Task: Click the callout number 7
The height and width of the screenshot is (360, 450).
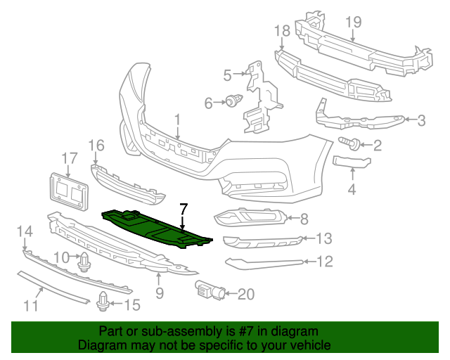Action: point(184,209)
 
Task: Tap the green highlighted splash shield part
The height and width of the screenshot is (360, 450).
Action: point(155,226)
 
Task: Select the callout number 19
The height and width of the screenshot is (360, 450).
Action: point(353,22)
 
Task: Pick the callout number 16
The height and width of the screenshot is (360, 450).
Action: point(96,146)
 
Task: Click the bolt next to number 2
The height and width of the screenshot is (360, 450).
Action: point(352,145)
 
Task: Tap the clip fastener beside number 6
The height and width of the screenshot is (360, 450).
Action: point(232,103)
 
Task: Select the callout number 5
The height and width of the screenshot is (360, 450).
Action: point(227,75)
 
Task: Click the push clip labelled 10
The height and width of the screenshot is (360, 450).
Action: point(85,262)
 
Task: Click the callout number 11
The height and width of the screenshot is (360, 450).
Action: point(30,305)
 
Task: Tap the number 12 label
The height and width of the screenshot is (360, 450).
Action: point(324,262)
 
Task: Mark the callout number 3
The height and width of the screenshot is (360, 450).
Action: point(421,120)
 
